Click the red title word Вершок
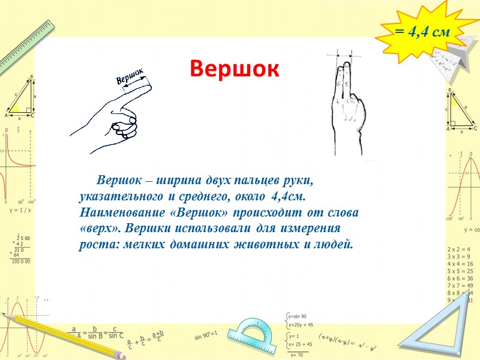click(x=235, y=70)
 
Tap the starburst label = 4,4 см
click(x=422, y=32)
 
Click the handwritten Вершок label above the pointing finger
click(x=130, y=77)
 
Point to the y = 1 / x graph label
click(x=20, y=211)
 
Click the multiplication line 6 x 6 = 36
click(x=460, y=280)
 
